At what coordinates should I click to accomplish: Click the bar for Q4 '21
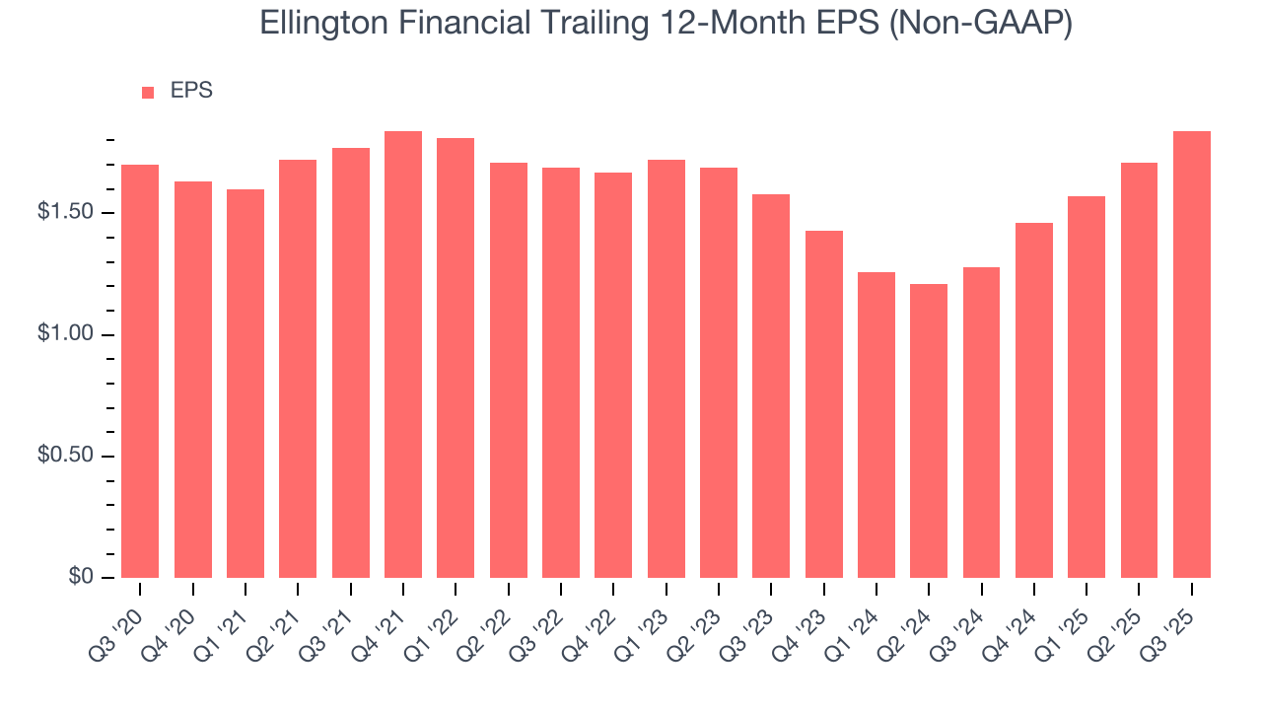point(403,355)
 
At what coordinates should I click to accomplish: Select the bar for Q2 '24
point(929,431)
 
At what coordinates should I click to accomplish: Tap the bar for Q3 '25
point(1192,355)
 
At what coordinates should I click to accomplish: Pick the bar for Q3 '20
point(140,371)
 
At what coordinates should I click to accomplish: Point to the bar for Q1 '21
point(245,384)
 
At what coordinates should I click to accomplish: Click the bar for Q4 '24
point(1034,400)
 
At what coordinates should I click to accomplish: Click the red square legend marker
point(148,92)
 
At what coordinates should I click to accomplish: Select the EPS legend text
point(191,91)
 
